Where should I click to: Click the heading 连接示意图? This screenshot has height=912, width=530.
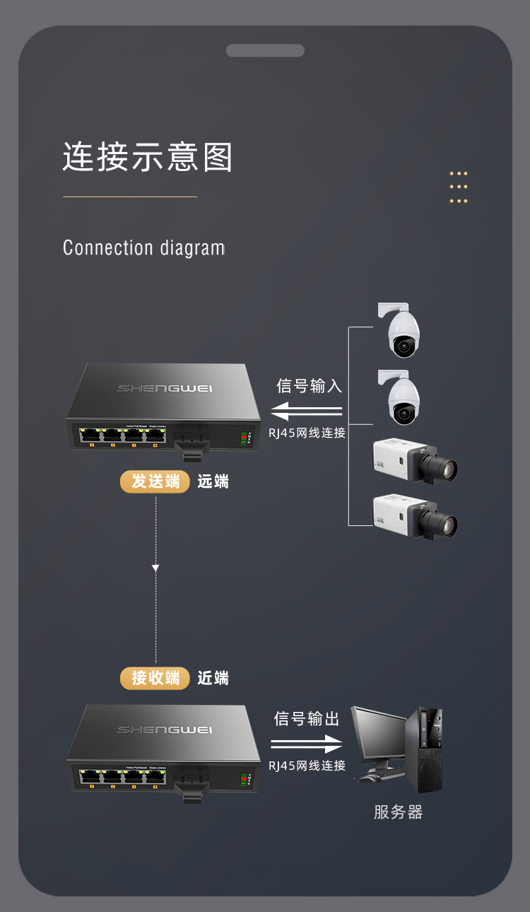(x=148, y=157)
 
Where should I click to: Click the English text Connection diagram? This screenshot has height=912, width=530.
(x=143, y=248)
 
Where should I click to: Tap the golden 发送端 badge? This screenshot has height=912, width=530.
(x=155, y=481)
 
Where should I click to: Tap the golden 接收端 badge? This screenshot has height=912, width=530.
(x=155, y=678)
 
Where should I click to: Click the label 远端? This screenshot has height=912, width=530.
(x=213, y=482)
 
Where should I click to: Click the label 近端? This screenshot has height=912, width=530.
(x=213, y=679)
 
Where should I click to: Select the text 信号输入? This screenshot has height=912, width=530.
(x=309, y=386)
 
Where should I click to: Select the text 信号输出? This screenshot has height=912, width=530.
(x=307, y=719)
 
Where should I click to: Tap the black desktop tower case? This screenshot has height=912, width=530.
(x=428, y=749)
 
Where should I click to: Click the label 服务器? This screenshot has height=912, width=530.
(x=398, y=812)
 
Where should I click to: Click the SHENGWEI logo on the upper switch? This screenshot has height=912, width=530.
(x=165, y=388)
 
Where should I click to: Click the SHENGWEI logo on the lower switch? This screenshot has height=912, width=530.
(x=165, y=729)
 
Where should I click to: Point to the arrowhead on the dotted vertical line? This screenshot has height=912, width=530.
(x=155, y=568)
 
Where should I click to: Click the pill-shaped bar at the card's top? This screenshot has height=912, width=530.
(x=265, y=50)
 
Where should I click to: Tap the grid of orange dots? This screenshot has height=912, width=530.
(x=459, y=187)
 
